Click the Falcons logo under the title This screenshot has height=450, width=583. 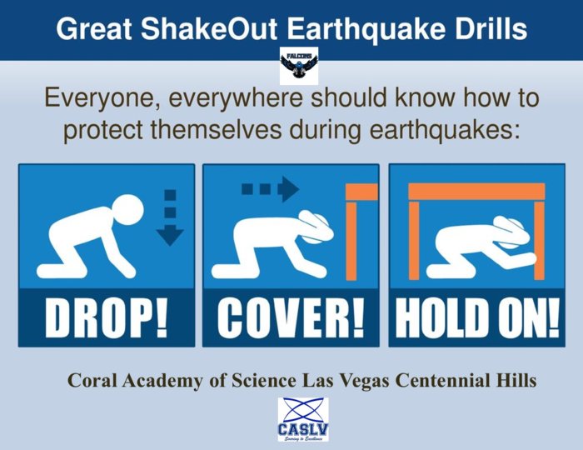299,66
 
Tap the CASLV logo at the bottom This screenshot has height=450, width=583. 303,419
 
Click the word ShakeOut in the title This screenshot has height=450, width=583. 208,28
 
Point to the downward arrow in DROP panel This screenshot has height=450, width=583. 170,218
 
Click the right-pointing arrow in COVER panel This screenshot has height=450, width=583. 271,189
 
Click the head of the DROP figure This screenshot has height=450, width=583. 127,210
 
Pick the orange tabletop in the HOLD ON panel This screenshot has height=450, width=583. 476,191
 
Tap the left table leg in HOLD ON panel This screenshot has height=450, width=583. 414,240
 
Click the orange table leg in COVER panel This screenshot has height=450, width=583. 351,241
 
